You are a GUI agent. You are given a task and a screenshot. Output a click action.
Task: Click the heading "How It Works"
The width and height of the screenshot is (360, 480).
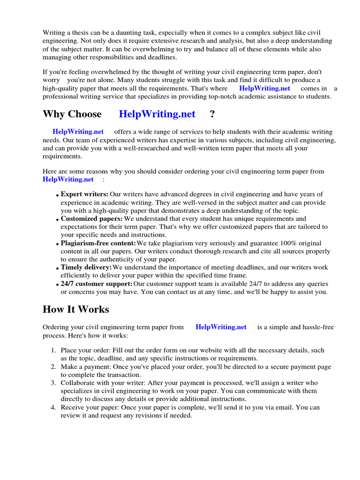point(75,309)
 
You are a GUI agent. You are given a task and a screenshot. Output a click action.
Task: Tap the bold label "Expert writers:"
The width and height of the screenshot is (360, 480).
point(84,194)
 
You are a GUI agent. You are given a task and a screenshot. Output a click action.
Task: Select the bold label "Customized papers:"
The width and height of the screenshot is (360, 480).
point(91,218)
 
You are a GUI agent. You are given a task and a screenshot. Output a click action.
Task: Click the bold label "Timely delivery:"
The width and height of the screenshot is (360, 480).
point(86,267)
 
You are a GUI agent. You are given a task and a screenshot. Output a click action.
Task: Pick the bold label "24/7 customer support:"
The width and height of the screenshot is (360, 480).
point(97,284)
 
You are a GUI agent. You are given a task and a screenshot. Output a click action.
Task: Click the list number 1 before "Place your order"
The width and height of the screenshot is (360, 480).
point(53,351)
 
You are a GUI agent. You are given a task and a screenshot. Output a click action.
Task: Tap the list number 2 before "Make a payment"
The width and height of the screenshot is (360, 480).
point(53,367)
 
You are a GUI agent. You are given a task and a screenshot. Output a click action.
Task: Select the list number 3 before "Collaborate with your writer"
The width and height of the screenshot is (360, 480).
point(53,383)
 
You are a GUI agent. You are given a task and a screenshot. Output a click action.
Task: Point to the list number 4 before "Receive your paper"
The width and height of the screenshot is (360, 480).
point(53,407)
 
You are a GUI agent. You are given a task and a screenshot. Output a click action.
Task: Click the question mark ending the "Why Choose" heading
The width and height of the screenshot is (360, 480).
point(212,114)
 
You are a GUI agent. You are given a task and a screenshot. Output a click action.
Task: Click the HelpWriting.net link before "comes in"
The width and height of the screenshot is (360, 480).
point(264,88)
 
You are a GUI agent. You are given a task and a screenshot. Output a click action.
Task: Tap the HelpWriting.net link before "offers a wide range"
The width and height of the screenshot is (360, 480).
point(78,132)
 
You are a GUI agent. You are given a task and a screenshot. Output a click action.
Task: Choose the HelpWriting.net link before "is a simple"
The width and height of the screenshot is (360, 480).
point(221,327)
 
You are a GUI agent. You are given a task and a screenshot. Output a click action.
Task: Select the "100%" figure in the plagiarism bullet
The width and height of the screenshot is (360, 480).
point(292,243)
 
